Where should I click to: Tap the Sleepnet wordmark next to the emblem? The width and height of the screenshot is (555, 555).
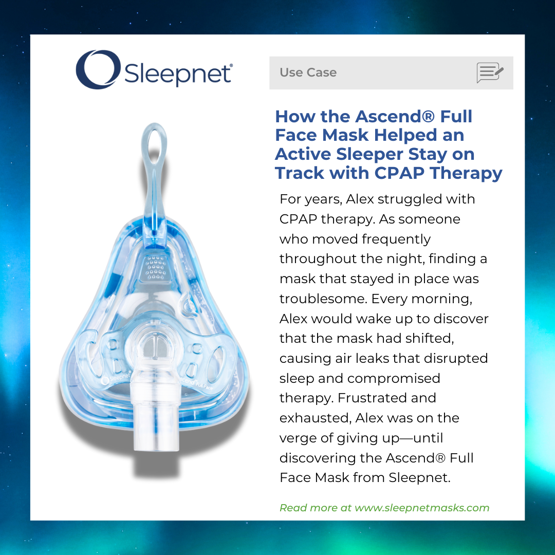coord(178,74)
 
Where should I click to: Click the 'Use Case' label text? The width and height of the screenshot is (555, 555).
coord(308,72)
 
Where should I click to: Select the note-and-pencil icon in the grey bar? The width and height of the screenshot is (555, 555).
coord(490,72)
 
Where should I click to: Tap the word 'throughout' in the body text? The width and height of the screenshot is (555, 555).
coord(317,258)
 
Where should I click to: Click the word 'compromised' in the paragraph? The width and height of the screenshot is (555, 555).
coord(394,379)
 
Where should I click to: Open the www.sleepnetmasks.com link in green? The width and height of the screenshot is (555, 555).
coord(422,508)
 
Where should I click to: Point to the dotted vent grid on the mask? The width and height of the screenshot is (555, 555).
coord(155,268)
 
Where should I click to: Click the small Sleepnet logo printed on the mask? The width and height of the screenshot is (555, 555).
coord(116,379)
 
